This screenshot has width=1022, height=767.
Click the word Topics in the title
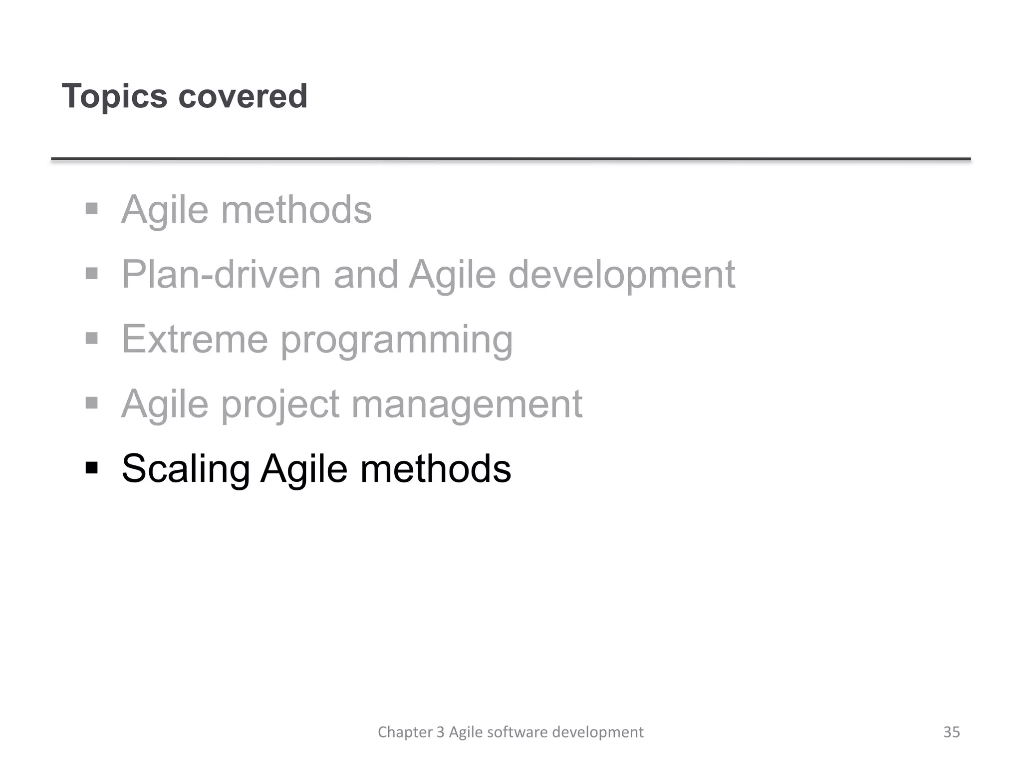[114, 96]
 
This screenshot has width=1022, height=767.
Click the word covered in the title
[243, 96]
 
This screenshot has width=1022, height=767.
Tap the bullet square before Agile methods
[91, 208]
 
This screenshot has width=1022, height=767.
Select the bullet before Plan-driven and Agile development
[91, 273]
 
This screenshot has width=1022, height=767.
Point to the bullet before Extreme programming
[91, 338]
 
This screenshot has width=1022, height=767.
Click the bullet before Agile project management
[91, 402]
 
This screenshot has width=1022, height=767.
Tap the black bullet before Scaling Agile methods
[91, 468]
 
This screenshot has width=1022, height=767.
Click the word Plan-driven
[221, 274]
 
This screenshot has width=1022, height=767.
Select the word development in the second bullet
[621, 274]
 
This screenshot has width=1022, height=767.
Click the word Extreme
[195, 339]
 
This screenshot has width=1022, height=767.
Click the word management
[467, 404]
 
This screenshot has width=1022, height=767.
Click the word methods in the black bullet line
[435, 468]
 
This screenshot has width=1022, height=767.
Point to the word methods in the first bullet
[296, 209]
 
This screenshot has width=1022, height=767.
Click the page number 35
[951, 732]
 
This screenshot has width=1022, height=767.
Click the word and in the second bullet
[366, 274]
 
